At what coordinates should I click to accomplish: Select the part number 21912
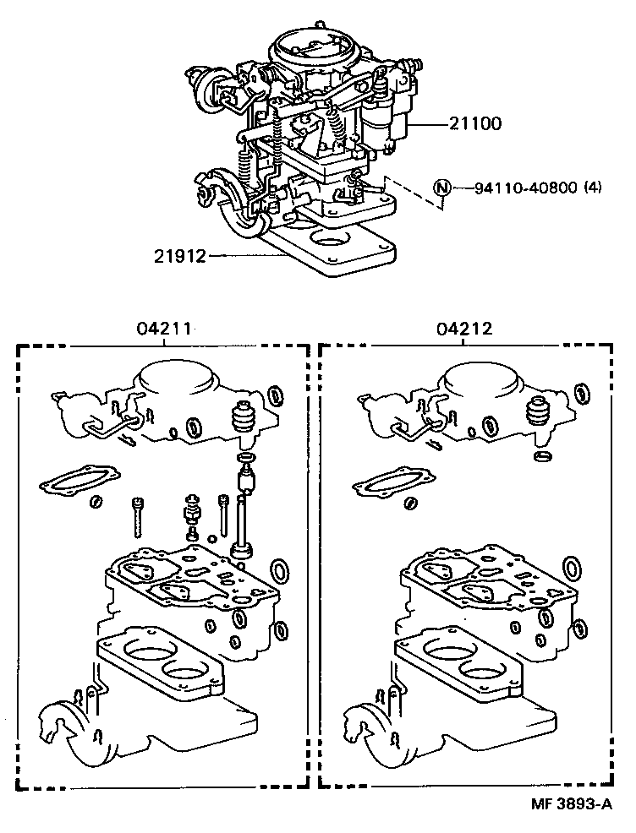click(x=180, y=255)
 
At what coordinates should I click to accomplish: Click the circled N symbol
click(x=443, y=188)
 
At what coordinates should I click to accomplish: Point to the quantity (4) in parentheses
click(x=592, y=188)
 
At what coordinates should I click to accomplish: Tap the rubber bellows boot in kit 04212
click(x=539, y=411)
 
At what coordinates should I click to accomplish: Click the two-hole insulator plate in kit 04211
click(x=161, y=663)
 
